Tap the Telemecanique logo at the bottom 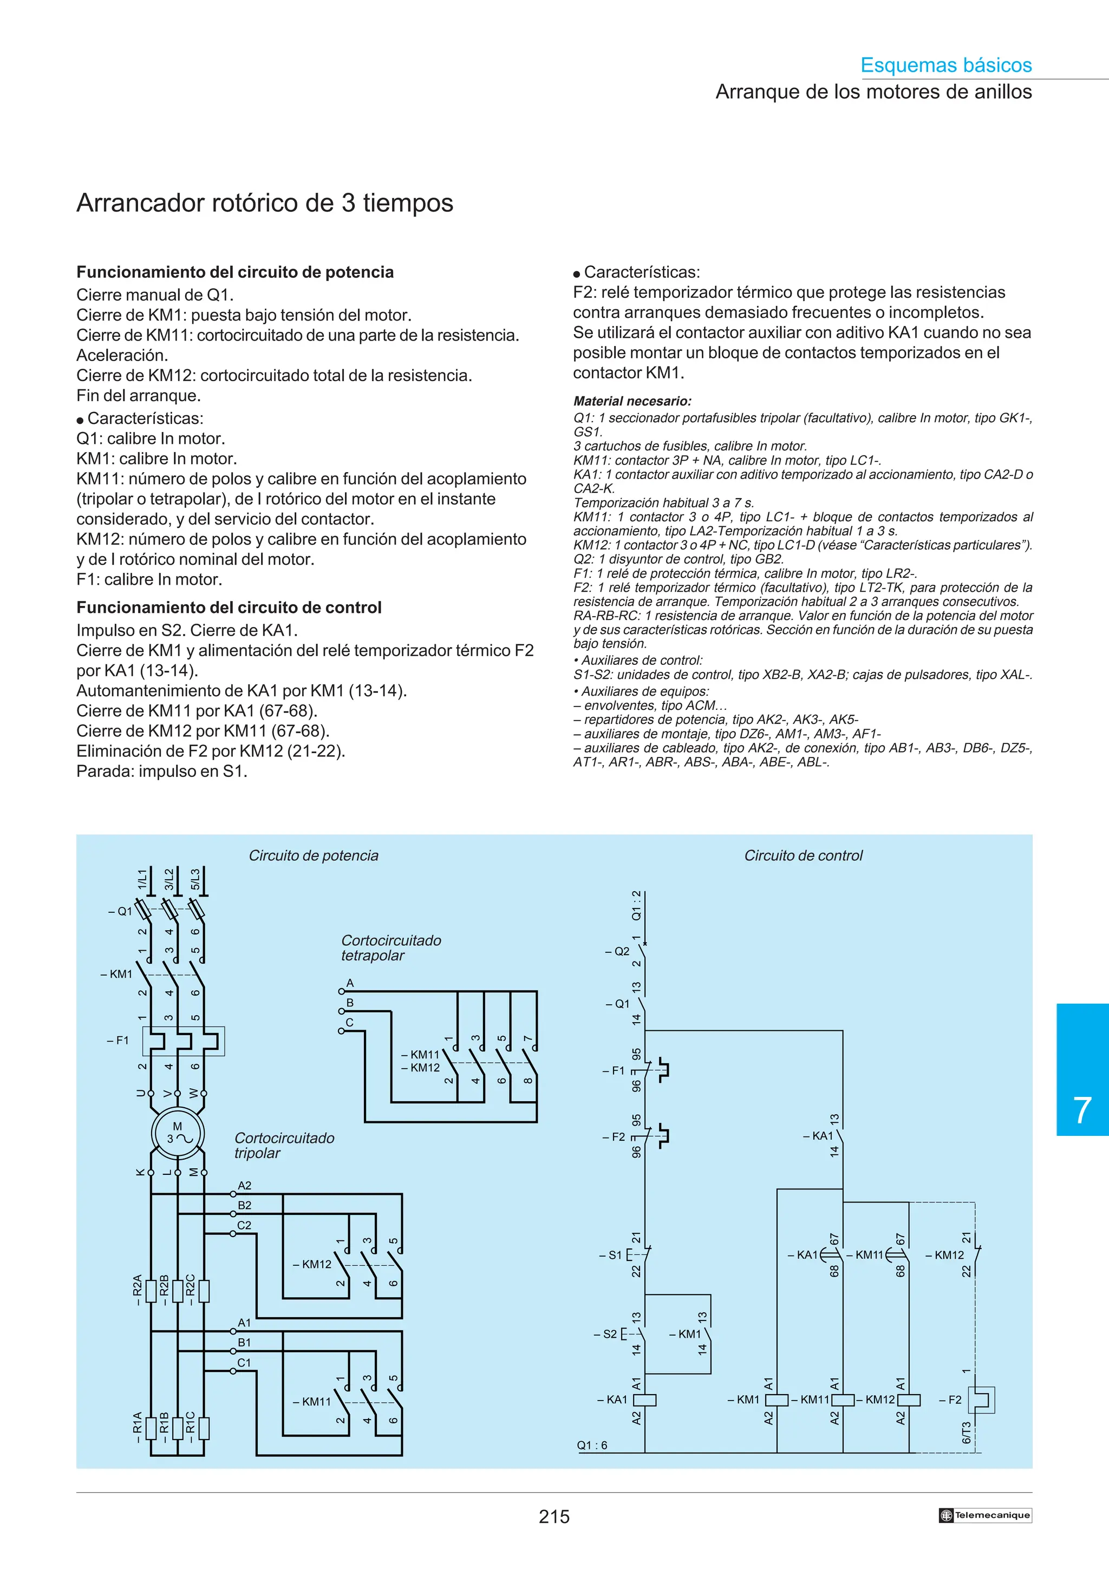984,1515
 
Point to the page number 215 553,1516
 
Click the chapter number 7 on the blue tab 1082,1110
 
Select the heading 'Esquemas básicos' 945,65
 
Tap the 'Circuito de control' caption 803,855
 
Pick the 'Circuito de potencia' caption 313,855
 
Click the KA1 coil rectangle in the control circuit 645,1400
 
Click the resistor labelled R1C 204,1429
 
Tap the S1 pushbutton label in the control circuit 614,1254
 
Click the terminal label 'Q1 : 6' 592,1446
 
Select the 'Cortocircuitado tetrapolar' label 391,948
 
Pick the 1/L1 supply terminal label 142,879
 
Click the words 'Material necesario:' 632,401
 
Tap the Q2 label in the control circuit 620,951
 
